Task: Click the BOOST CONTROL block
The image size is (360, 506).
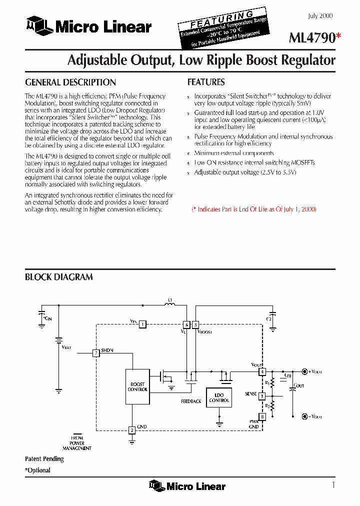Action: (x=137, y=386)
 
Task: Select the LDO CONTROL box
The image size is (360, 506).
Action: (x=219, y=397)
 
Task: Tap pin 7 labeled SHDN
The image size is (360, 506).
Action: (x=96, y=352)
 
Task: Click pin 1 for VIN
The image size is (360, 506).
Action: (x=142, y=324)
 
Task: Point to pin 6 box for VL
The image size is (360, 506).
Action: (x=186, y=324)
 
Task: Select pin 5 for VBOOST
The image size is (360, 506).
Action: (x=195, y=324)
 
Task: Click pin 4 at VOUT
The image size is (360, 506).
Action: (x=262, y=371)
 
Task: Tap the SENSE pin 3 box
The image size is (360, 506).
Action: (x=262, y=396)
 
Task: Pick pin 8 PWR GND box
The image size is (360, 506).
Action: (x=262, y=416)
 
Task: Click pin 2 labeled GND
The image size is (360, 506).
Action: (x=132, y=430)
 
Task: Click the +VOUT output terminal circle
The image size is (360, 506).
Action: (x=304, y=371)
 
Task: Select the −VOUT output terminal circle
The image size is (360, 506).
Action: (x=304, y=416)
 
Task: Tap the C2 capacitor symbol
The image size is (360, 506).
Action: (x=272, y=314)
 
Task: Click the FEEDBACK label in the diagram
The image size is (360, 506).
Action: (x=191, y=401)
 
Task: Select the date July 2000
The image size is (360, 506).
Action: (x=320, y=16)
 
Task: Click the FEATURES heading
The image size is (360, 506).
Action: (x=206, y=82)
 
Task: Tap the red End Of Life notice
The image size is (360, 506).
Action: (x=254, y=209)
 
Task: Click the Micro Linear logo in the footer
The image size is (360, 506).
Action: (x=187, y=486)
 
